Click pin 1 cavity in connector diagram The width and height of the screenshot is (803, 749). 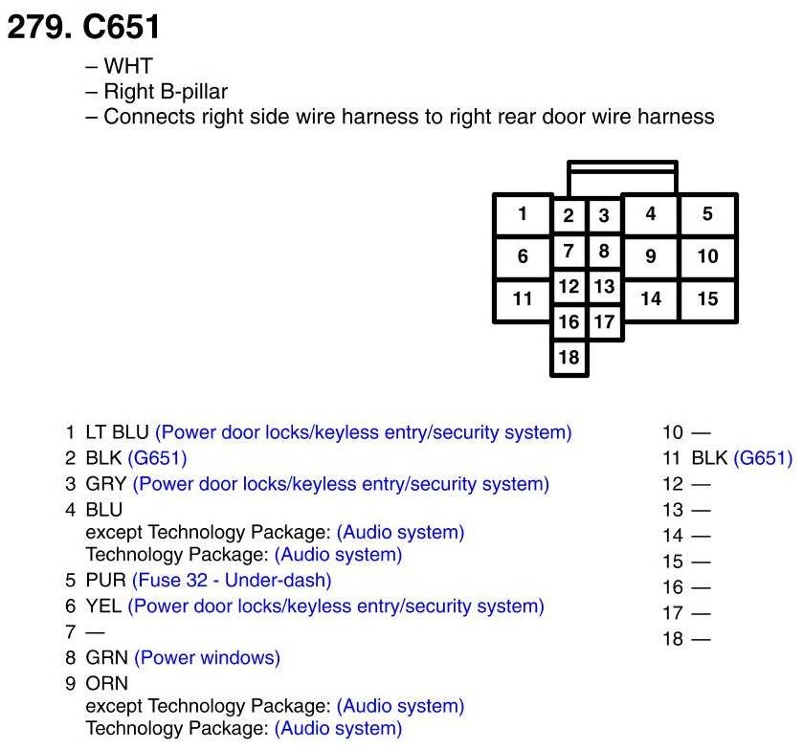[522, 214]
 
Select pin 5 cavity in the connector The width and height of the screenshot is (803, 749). [707, 214]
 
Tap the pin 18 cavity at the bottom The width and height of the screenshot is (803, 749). [569, 357]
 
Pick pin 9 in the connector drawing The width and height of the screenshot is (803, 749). [651, 256]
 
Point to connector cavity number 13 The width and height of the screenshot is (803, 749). [603, 286]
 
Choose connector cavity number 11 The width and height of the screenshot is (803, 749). [522, 298]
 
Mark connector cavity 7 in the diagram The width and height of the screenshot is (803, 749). [569, 252]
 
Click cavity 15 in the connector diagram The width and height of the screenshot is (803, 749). [707, 298]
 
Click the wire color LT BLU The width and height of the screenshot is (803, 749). [117, 432]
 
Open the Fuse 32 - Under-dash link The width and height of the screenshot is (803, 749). [232, 580]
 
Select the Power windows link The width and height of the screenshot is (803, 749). [207, 658]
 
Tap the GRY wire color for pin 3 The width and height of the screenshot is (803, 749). [106, 484]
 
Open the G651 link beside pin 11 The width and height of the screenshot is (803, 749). [763, 458]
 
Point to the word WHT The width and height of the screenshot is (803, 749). [127, 68]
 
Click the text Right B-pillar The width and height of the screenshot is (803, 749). [165, 93]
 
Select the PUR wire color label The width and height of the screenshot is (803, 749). [106, 580]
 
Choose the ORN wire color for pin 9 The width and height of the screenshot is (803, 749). [106, 684]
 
